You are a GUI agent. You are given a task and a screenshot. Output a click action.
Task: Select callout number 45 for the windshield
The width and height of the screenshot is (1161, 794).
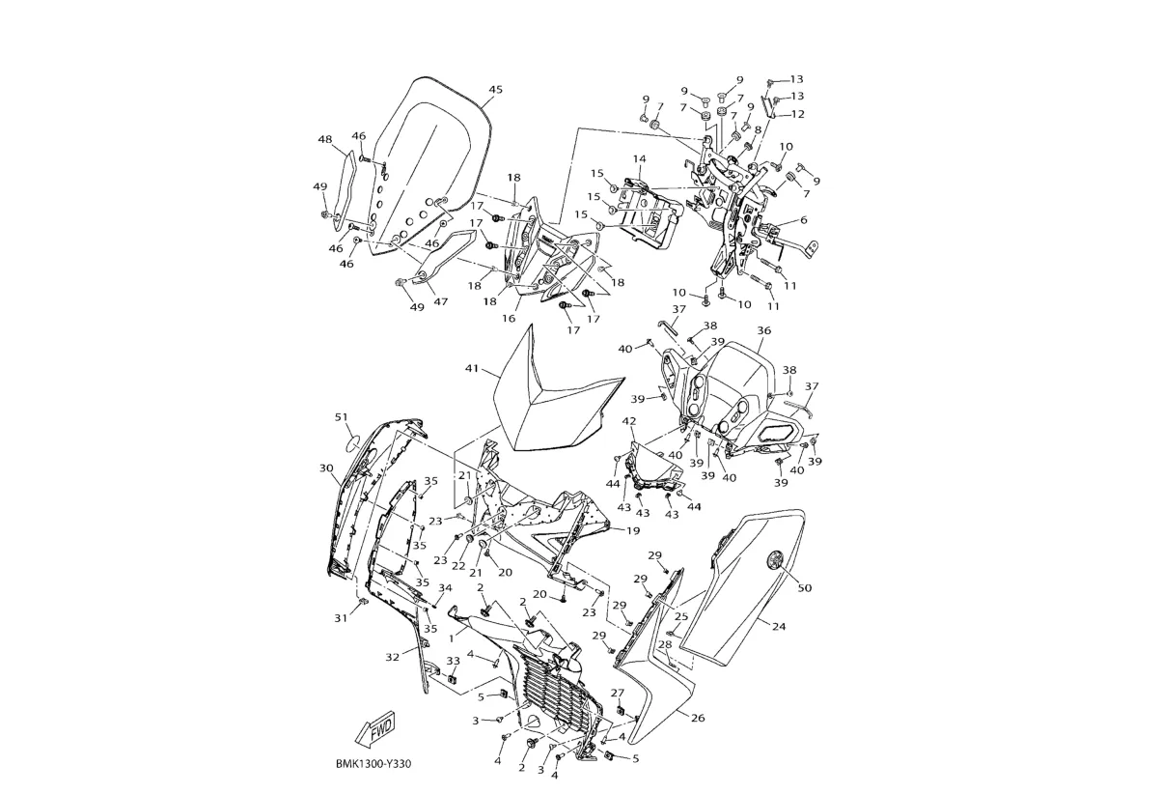click(x=495, y=90)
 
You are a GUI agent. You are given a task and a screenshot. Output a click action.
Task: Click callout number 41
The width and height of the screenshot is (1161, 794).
click(x=472, y=369)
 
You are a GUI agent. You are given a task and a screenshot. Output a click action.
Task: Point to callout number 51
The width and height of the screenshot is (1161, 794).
click(x=341, y=417)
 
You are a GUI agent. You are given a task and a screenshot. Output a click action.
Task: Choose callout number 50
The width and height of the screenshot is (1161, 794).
click(x=805, y=586)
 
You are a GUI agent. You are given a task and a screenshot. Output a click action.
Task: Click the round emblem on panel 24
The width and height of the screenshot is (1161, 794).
click(x=775, y=557)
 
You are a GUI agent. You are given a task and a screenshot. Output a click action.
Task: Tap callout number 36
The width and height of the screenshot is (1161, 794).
click(x=764, y=330)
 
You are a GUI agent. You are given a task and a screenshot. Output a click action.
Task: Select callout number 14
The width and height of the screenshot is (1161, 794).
click(x=639, y=158)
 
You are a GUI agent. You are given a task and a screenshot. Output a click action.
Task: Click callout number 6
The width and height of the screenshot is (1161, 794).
click(x=803, y=220)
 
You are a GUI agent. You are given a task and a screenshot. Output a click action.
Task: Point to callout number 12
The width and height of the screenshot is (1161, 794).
click(x=797, y=114)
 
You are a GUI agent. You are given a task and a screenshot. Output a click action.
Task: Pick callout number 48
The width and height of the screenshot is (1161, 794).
click(x=325, y=139)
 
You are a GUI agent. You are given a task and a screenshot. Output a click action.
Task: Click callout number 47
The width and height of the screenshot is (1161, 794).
click(x=441, y=301)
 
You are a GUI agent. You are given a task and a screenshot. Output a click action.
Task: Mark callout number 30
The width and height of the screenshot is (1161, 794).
click(x=326, y=468)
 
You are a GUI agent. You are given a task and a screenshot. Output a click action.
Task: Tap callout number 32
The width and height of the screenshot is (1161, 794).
click(x=393, y=657)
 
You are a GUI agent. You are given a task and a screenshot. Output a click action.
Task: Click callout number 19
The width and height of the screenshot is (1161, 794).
click(x=633, y=530)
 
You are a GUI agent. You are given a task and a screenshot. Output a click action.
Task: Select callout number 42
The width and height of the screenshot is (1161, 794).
click(x=629, y=421)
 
